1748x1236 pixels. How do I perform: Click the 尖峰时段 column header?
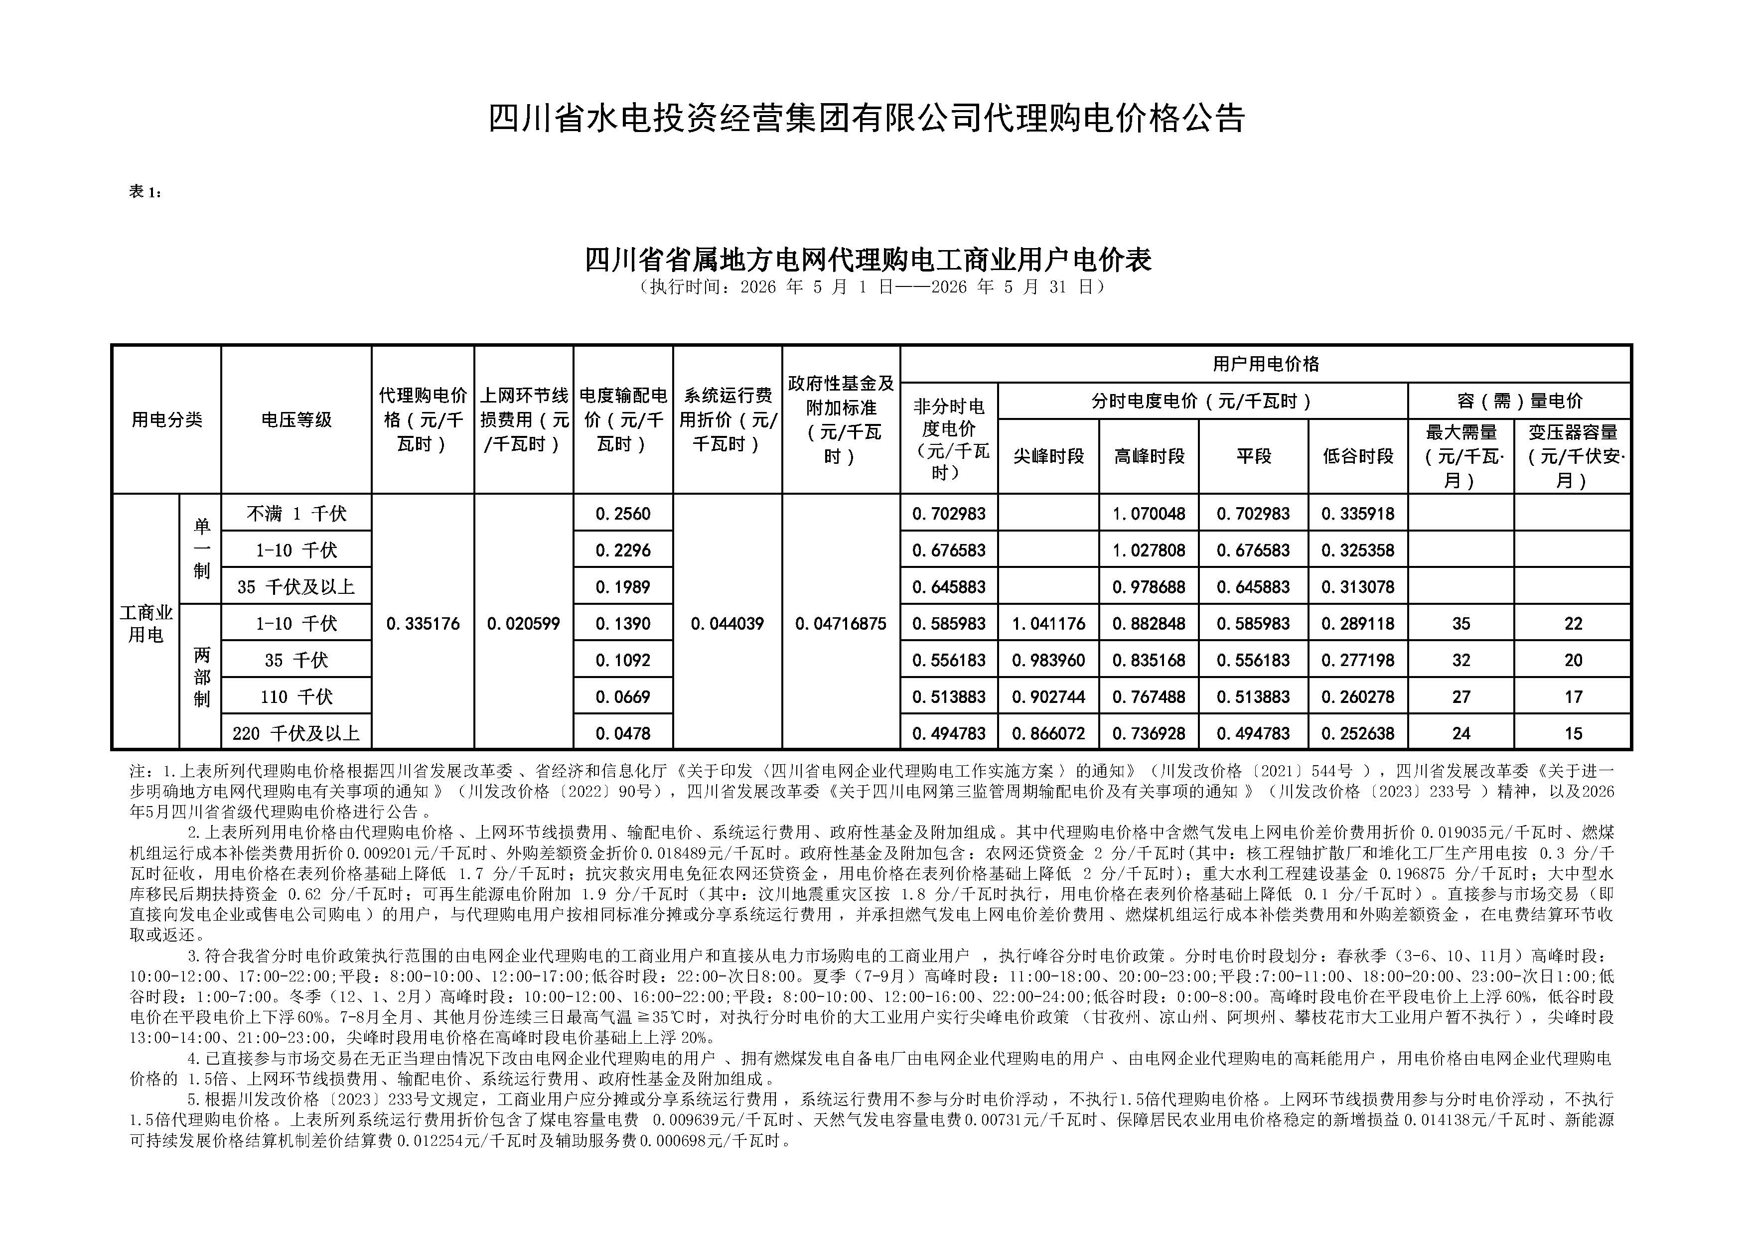(x=1048, y=456)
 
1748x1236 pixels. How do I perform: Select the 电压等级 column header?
(x=296, y=419)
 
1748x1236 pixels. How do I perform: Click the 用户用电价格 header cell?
(x=1265, y=364)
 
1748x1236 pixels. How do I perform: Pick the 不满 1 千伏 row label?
(x=296, y=514)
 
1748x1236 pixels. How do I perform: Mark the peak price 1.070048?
(x=1149, y=514)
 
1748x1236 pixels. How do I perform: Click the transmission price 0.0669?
(x=623, y=697)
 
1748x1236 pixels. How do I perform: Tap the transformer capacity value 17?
(x=1573, y=697)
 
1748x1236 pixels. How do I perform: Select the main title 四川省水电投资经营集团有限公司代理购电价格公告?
(x=867, y=119)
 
